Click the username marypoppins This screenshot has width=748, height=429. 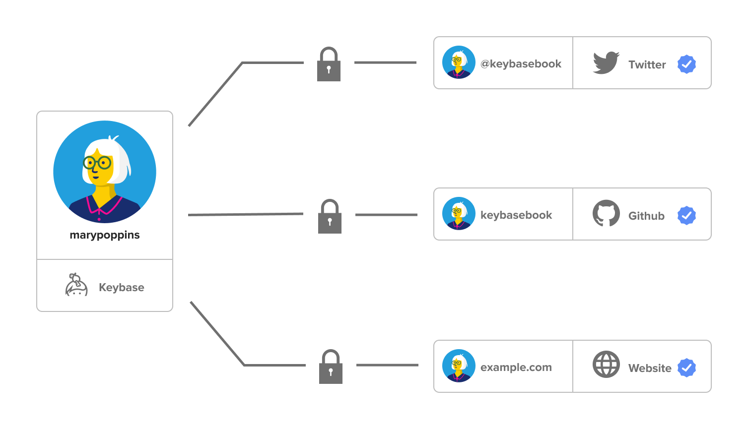[x=105, y=235]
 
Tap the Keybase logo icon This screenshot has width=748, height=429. [x=76, y=285]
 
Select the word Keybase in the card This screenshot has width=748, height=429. [x=121, y=288]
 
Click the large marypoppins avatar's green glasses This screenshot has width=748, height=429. [x=97, y=162]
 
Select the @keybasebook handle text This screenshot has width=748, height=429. [x=521, y=64]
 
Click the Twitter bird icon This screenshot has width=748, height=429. [x=606, y=63]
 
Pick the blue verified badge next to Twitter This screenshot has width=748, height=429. [x=686, y=64]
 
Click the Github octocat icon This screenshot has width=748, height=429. [x=606, y=213]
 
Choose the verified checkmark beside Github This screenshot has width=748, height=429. [x=686, y=216]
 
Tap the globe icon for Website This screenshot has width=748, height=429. [x=606, y=365]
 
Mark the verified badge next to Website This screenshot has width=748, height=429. [x=686, y=368]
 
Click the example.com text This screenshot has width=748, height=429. [x=516, y=368]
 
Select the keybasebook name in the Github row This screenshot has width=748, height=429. [x=516, y=215]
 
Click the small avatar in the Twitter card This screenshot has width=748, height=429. [x=459, y=62]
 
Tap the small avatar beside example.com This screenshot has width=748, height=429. [x=459, y=366]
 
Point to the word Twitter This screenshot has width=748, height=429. [x=647, y=65]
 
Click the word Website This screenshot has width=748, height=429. [x=649, y=368]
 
